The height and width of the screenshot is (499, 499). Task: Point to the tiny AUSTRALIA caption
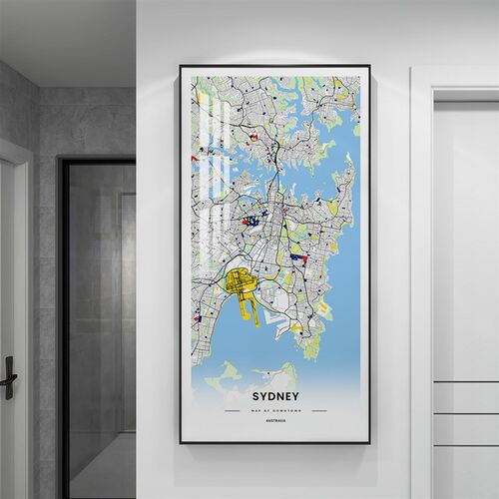coord(273,422)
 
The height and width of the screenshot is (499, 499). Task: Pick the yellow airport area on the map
coord(240,284)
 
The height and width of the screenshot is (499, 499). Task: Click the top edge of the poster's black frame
coord(274,67)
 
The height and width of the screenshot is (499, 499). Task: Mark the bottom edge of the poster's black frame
coord(274,441)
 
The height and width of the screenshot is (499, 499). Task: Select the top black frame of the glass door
coord(97,162)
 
